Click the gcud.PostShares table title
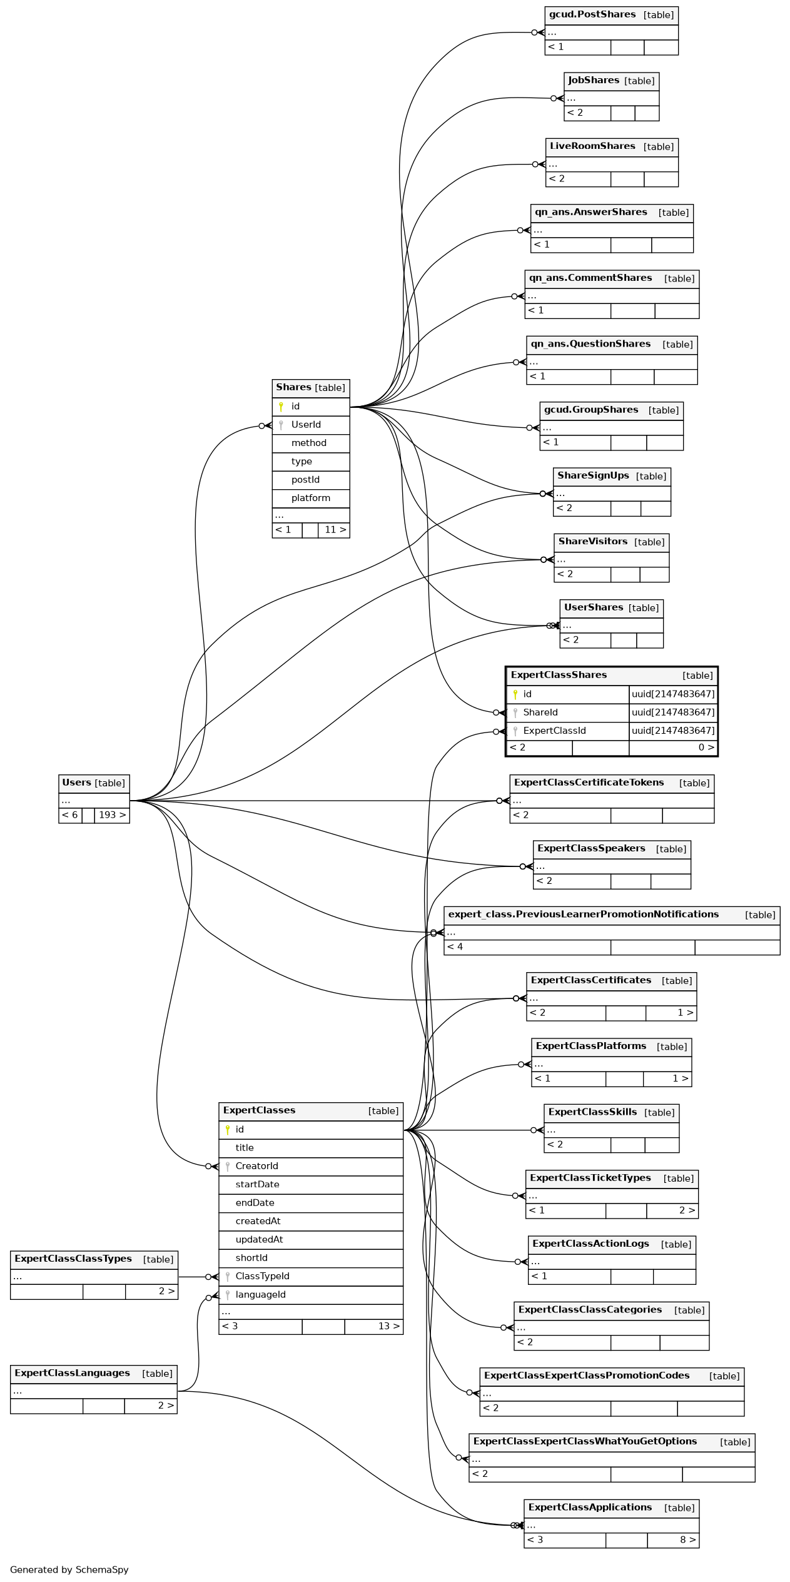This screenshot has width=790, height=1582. [592, 15]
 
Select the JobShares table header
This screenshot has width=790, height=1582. [593, 81]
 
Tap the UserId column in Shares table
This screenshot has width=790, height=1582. [306, 425]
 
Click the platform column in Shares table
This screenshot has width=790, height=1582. [310, 498]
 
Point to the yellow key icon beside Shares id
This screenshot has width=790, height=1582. [281, 407]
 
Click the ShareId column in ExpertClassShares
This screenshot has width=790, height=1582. [540, 712]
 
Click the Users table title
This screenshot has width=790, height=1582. [77, 783]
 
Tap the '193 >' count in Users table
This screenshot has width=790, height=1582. [112, 815]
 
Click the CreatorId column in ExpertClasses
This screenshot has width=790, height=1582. [256, 1166]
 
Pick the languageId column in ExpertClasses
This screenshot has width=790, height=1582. [260, 1294]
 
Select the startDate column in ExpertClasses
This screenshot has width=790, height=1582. [257, 1184]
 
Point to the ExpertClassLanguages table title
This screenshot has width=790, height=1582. [72, 1373]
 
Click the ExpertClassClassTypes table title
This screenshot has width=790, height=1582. [73, 1259]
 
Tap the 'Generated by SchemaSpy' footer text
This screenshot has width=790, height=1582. [69, 1569]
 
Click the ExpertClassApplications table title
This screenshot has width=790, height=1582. [590, 1508]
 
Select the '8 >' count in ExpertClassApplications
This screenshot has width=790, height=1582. [687, 1539]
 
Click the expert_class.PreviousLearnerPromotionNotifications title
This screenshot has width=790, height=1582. [583, 915]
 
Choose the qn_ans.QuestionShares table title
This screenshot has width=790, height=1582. [590, 344]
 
